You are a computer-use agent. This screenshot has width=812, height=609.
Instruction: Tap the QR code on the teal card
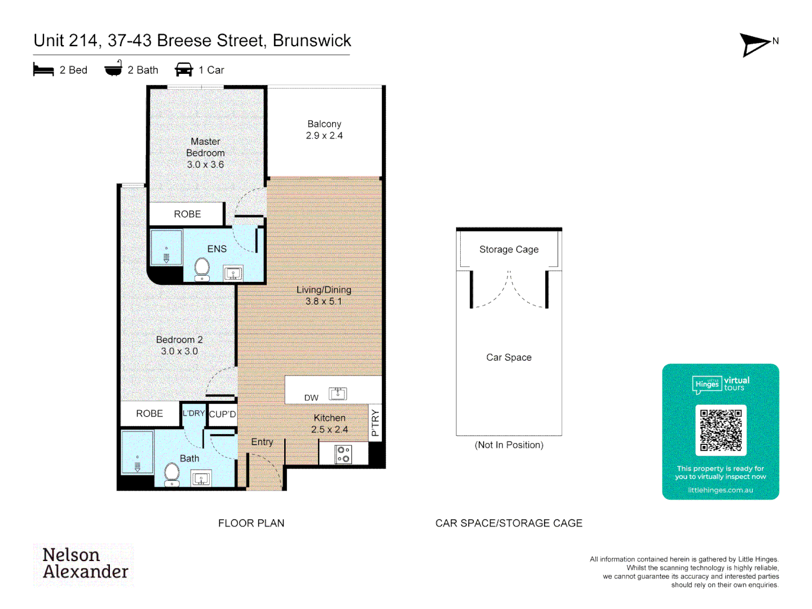pyautogui.click(x=721, y=430)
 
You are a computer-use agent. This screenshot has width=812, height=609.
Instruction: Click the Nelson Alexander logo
pyautogui.click(x=85, y=564)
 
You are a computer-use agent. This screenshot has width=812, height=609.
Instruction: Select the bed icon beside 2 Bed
pyautogui.click(x=43, y=70)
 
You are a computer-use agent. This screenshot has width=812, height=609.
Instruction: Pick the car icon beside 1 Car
pyautogui.click(x=184, y=70)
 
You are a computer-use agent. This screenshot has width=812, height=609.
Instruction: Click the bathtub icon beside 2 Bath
pyautogui.click(x=113, y=69)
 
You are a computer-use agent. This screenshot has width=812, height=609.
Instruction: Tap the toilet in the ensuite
pyautogui.click(x=202, y=269)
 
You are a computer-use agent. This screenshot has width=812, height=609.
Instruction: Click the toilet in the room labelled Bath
pyautogui.click(x=172, y=474)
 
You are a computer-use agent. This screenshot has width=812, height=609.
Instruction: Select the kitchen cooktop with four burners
pyautogui.click(x=343, y=454)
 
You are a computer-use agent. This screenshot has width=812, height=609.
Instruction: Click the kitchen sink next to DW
pyautogui.click(x=338, y=394)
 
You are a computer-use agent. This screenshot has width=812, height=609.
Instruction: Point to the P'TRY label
pyautogui.click(x=376, y=423)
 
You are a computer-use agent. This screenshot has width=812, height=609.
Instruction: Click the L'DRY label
pyautogui.click(x=193, y=413)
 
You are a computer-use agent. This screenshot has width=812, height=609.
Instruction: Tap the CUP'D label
pyautogui.click(x=223, y=414)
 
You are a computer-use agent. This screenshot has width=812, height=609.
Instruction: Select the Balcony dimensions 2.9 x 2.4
pyautogui.click(x=324, y=136)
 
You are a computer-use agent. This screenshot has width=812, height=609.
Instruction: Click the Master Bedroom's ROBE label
pyautogui.click(x=187, y=214)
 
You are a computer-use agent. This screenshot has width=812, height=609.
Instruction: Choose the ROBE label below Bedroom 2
pyautogui.click(x=149, y=414)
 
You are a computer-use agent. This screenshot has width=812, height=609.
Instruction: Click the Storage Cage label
pyautogui.click(x=509, y=249)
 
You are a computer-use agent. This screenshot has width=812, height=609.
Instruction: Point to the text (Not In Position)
pyautogui.click(x=509, y=445)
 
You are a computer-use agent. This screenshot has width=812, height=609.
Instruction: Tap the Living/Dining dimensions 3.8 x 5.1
pyautogui.click(x=324, y=302)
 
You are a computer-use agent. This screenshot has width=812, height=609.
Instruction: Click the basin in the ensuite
pyautogui.click(x=233, y=274)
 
